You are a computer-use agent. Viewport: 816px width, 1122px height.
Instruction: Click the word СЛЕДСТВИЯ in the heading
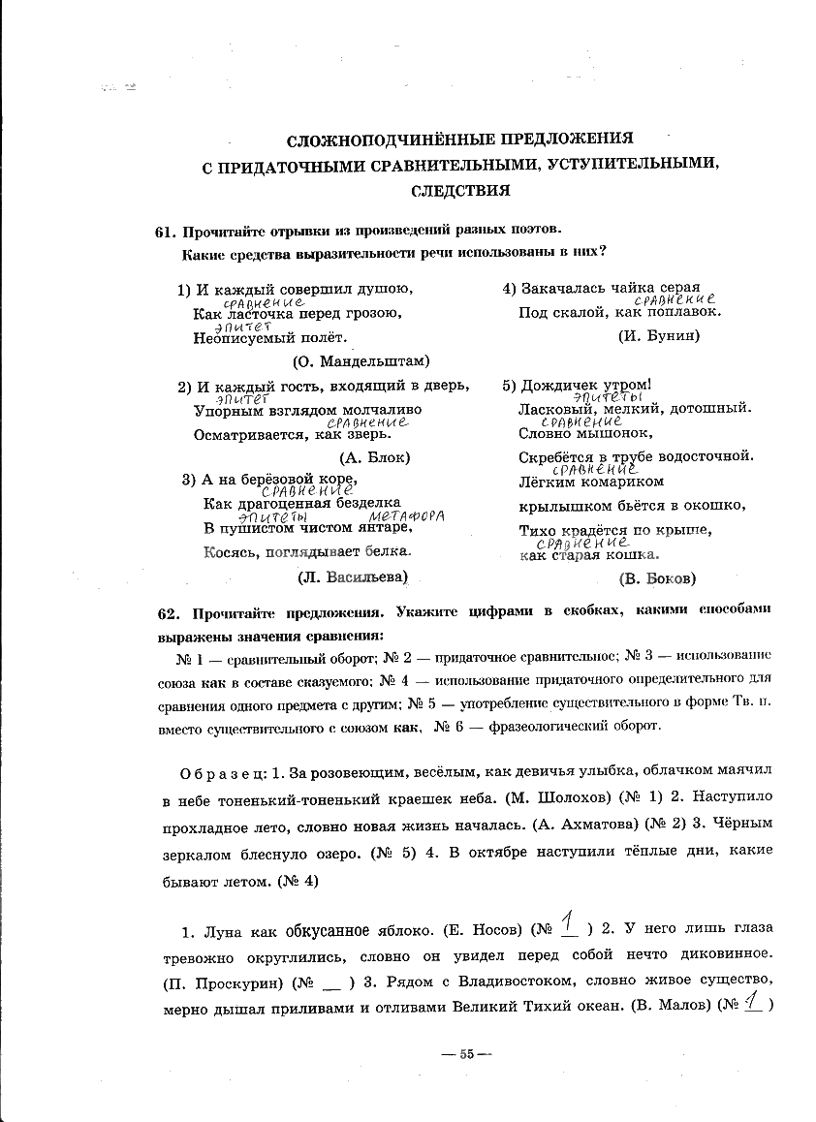pyautogui.click(x=460, y=191)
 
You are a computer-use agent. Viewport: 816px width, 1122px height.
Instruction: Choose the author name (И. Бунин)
pyautogui.click(x=658, y=336)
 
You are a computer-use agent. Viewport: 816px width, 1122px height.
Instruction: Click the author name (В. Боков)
pyautogui.click(x=657, y=578)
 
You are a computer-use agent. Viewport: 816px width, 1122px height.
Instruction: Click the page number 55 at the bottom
pyautogui.click(x=465, y=1054)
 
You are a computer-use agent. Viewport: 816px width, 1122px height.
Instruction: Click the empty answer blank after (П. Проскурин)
pyautogui.click(x=331, y=981)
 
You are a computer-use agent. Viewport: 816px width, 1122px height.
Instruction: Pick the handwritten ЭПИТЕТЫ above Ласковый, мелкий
pyautogui.click(x=609, y=397)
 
